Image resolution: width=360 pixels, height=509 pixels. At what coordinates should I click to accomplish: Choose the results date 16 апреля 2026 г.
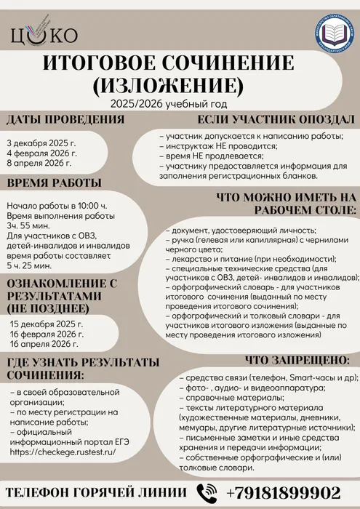coord(44,345)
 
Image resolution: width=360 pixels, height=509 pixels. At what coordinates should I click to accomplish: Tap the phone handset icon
coord(208,491)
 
